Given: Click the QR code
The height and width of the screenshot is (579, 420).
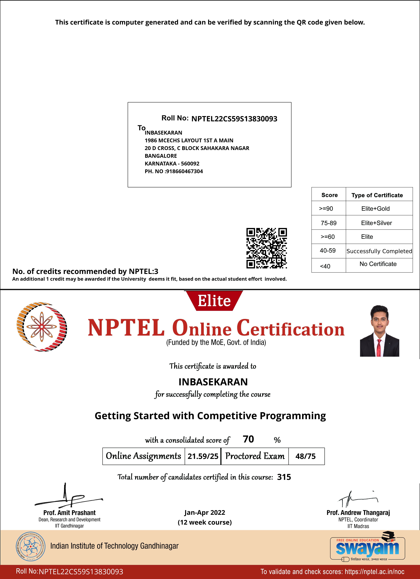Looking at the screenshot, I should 266,248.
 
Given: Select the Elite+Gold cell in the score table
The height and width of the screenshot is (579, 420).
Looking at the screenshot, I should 375,209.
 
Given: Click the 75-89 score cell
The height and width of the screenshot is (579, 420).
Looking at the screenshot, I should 329,223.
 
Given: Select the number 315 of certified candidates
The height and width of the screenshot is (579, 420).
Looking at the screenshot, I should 284,477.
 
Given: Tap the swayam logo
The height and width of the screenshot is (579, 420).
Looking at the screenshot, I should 367,548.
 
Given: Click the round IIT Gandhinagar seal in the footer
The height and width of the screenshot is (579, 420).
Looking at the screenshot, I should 31,546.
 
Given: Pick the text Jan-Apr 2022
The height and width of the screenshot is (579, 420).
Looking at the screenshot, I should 205,513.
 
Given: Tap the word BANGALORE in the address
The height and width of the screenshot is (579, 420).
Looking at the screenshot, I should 161,156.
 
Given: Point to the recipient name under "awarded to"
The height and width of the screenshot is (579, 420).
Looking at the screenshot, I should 213,382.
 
